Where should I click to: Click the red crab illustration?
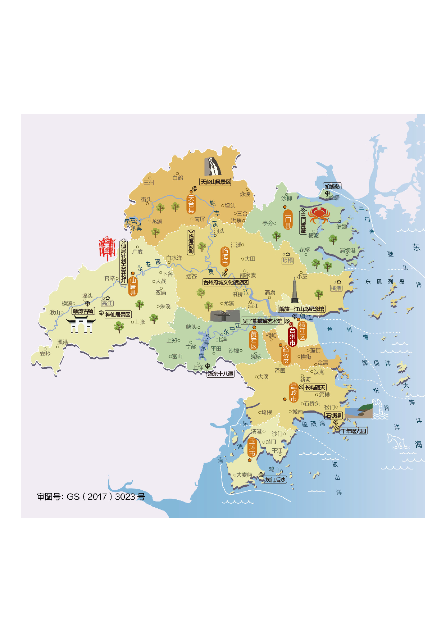click(x=319, y=215)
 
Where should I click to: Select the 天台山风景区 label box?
click(x=215, y=182)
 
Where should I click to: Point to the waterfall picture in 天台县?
click(x=213, y=166)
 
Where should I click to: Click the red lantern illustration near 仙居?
click(x=107, y=248)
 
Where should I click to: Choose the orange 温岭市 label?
click(x=293, y=392)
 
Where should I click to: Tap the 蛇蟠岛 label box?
click(x=332, y=186)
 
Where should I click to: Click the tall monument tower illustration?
click(x=295, y=291)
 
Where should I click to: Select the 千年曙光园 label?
click(x=354, y=431)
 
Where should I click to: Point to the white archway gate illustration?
click(x=81, y=324)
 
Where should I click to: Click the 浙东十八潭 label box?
click(x=221, y=374)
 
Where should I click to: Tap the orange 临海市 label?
click(x=225, y=257)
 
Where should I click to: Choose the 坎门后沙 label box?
click(x=275, y=480)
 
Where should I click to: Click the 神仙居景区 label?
click(x=118, y=314)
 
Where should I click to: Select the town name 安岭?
click(x=45, y=354)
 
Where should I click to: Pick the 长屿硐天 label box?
click(x=315, y=387)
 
